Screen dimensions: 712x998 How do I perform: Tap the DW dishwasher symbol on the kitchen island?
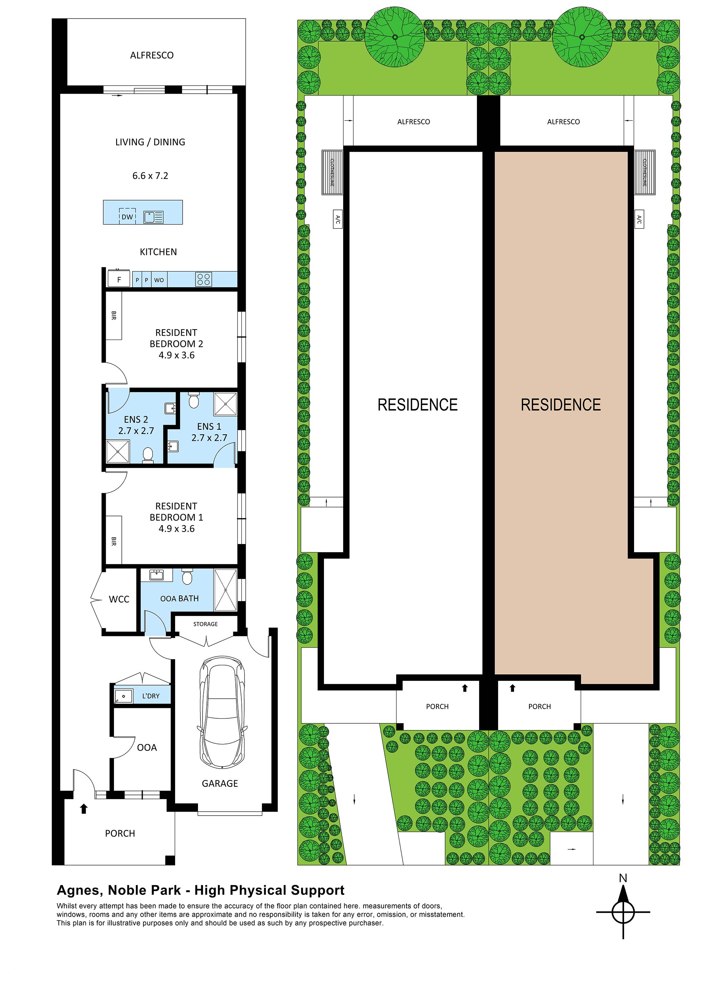pos(127,216)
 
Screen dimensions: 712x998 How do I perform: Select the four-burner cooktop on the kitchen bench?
pos(204,279)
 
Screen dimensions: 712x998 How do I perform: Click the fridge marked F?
pos(119,279)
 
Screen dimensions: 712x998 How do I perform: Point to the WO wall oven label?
pos(159,280)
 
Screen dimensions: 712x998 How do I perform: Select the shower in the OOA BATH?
pos(225,590)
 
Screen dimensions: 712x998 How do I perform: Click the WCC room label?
pos(119,599)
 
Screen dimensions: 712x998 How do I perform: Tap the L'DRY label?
pos(151,696)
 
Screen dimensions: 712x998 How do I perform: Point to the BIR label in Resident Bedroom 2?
pos(114,315)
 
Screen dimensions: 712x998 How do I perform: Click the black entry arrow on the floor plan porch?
pos(84,808)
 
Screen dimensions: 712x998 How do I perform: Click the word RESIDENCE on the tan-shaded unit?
pos(561,404)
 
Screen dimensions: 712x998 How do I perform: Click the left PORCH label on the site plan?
pos(437,706)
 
